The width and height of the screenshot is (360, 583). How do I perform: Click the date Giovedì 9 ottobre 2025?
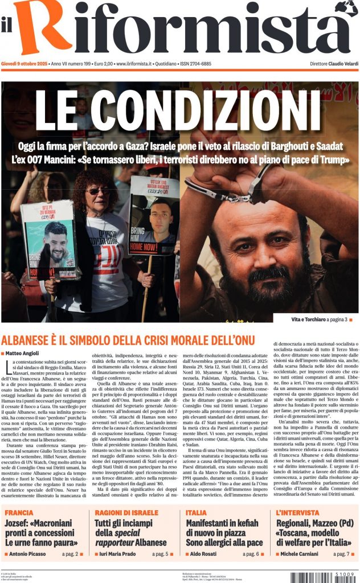23,64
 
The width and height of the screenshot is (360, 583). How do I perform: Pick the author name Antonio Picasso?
28,553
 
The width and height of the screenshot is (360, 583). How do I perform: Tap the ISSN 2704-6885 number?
195,64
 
